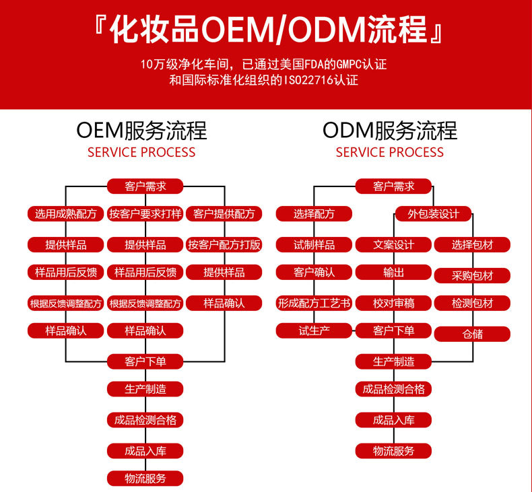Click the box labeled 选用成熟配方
coord(66,214)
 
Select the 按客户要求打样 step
coord(145,214)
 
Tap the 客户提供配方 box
coord(224,214)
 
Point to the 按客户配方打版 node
coord(224,244)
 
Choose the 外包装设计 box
coord(434,214)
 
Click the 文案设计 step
coord(394,244)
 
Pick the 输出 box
coord(394,273)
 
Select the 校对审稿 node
coord(394,303)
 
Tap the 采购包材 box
coord(473,275)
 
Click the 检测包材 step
coord(473,303)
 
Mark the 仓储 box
coord(473,334)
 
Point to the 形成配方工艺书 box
coord(314,303)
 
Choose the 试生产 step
coord(314,330)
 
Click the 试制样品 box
coord(314,244)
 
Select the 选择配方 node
coord(314,214)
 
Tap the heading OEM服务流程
coord(141,130)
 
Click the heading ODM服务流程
coord(390,130)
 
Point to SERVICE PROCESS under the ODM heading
coord(390,152)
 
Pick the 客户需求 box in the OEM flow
coord(145,186)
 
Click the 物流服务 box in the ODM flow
coord(394,451)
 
